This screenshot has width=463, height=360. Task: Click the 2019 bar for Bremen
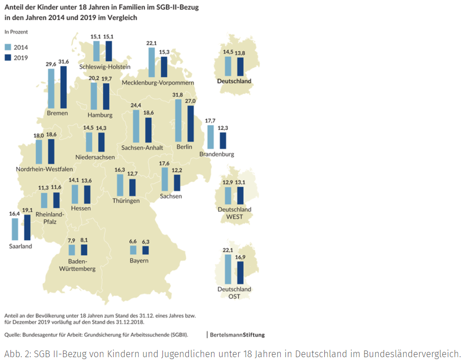coord(63,88)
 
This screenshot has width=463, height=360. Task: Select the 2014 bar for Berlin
coord(178,120)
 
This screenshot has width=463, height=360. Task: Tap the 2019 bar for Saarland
coord(27,227)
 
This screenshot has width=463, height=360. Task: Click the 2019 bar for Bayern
coord(145,251)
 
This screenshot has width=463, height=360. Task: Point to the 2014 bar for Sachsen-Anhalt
coord(136,126)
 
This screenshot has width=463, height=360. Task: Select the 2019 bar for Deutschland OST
coord(240,274)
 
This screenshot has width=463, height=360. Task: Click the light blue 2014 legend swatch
coord(8,47)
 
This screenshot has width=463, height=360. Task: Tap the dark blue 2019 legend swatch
coord(8,57)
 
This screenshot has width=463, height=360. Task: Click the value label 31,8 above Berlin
coord(178,95)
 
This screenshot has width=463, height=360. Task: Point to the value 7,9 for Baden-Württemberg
coord(71,240)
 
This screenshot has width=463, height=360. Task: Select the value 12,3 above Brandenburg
coord(223,128)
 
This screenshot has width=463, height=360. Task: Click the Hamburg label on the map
coord(100,115)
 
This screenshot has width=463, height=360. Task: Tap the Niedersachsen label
coord(95,157)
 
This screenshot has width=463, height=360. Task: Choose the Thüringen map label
coord(126,201)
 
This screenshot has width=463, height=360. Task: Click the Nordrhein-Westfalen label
coord(44,169)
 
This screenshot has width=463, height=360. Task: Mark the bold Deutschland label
coord(234,81)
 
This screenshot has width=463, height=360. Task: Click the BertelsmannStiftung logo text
coord(237,335)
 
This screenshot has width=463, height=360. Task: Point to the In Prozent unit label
coord(16,32)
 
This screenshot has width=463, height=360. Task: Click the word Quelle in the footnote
coord(13,335)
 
